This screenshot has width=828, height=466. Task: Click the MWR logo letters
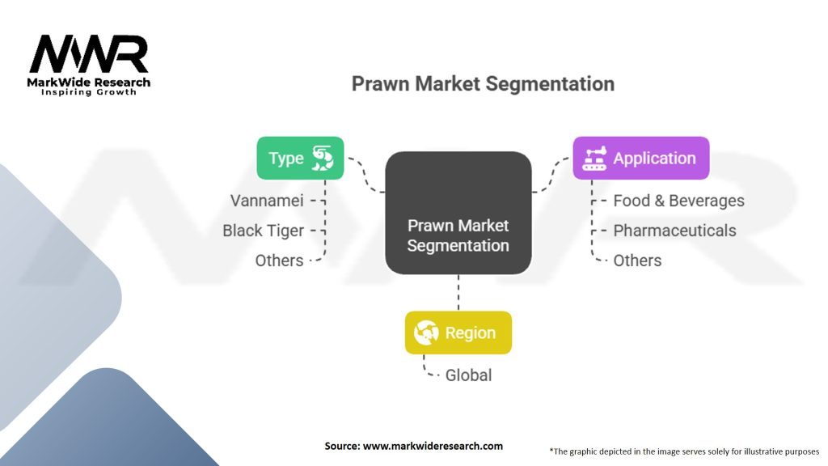(89, 55)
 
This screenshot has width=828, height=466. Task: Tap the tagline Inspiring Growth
(89, 92)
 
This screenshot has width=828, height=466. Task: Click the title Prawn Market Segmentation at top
(483, 84)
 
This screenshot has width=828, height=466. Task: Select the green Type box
(300, 158)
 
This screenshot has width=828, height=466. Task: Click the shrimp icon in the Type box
(323, 158)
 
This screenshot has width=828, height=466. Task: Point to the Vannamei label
(267, 201)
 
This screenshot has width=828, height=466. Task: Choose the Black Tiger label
(264, 231)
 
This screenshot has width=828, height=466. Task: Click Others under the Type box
(280, 261)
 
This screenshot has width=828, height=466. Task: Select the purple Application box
(640, 158)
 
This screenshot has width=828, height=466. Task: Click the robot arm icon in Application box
(594, 159)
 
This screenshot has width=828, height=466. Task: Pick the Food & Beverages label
(678, 201)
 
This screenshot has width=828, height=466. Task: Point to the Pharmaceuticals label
(674, 231)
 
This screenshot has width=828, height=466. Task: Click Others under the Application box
(637, 261)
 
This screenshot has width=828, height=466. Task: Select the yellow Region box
(458, 333)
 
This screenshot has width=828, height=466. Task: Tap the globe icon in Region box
(426, 333)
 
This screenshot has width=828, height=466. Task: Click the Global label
(468, 375)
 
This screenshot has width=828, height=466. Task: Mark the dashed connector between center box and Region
(458, 292)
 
